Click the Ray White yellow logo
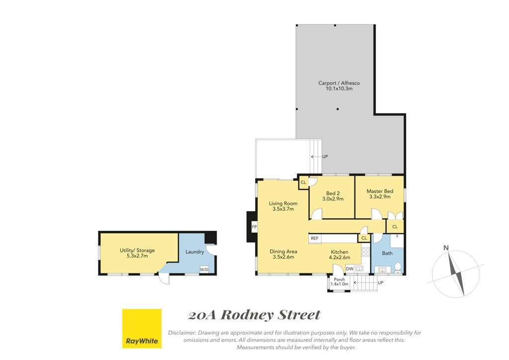[x=142, y=328]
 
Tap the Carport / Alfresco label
[x=339, y=83]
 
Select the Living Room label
[x=283, y=203]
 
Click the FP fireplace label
[x=254, y=227]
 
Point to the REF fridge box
[x=315, y=238]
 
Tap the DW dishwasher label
[x=349, y=269]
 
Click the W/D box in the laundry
[x=204, y=270]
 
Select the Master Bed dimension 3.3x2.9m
[x=380, y=197]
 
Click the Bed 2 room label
[x=333, y=193]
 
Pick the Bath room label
[x=387, y=253]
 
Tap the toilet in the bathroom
[x=398, y=268]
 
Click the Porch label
[x=339, y=279]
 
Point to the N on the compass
[x=446, y=248]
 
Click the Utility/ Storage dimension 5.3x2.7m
[x=137, y=256]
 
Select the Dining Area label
[x=283, y=251]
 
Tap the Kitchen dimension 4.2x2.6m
[x=339, y=258]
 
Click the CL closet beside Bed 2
[x=304, y=182]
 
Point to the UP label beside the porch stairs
[x=380, y=283]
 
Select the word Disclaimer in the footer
[x=182, y=333]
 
